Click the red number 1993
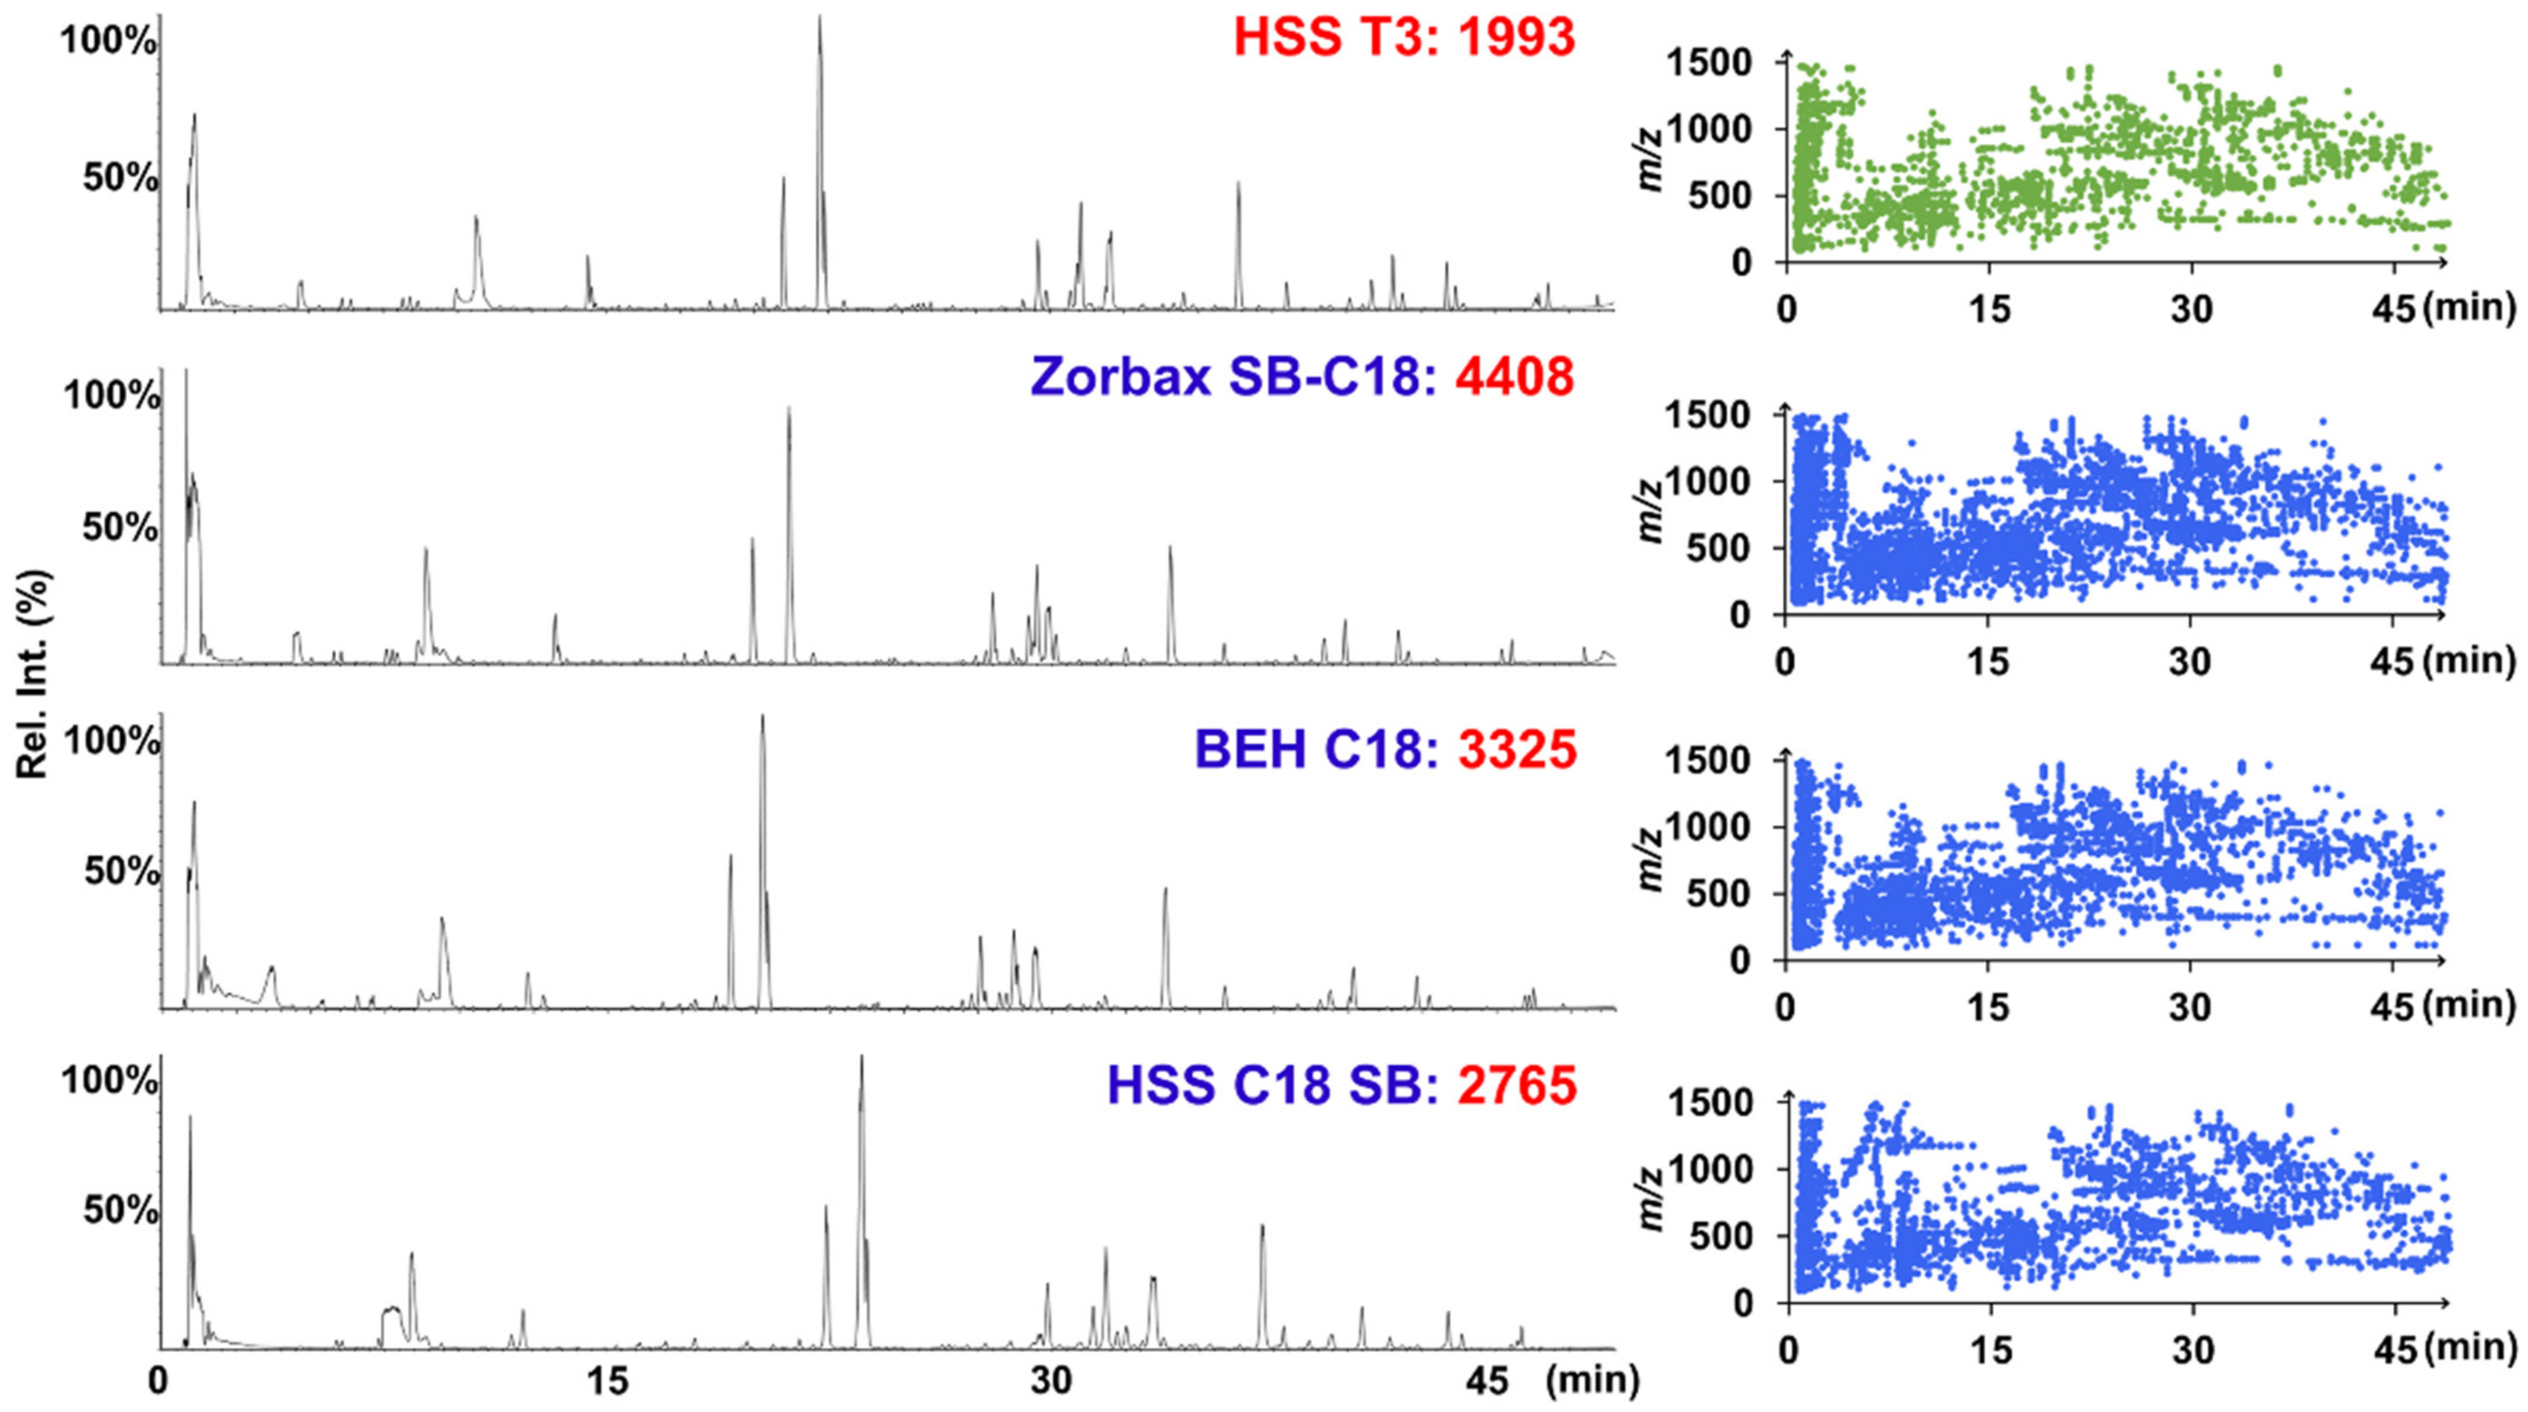coord(1516,38)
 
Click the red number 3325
coord(1517,750)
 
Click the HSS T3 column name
coord(1333,38)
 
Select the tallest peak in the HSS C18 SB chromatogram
coord(861,1058)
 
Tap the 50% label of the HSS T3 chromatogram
coord(120,180)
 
